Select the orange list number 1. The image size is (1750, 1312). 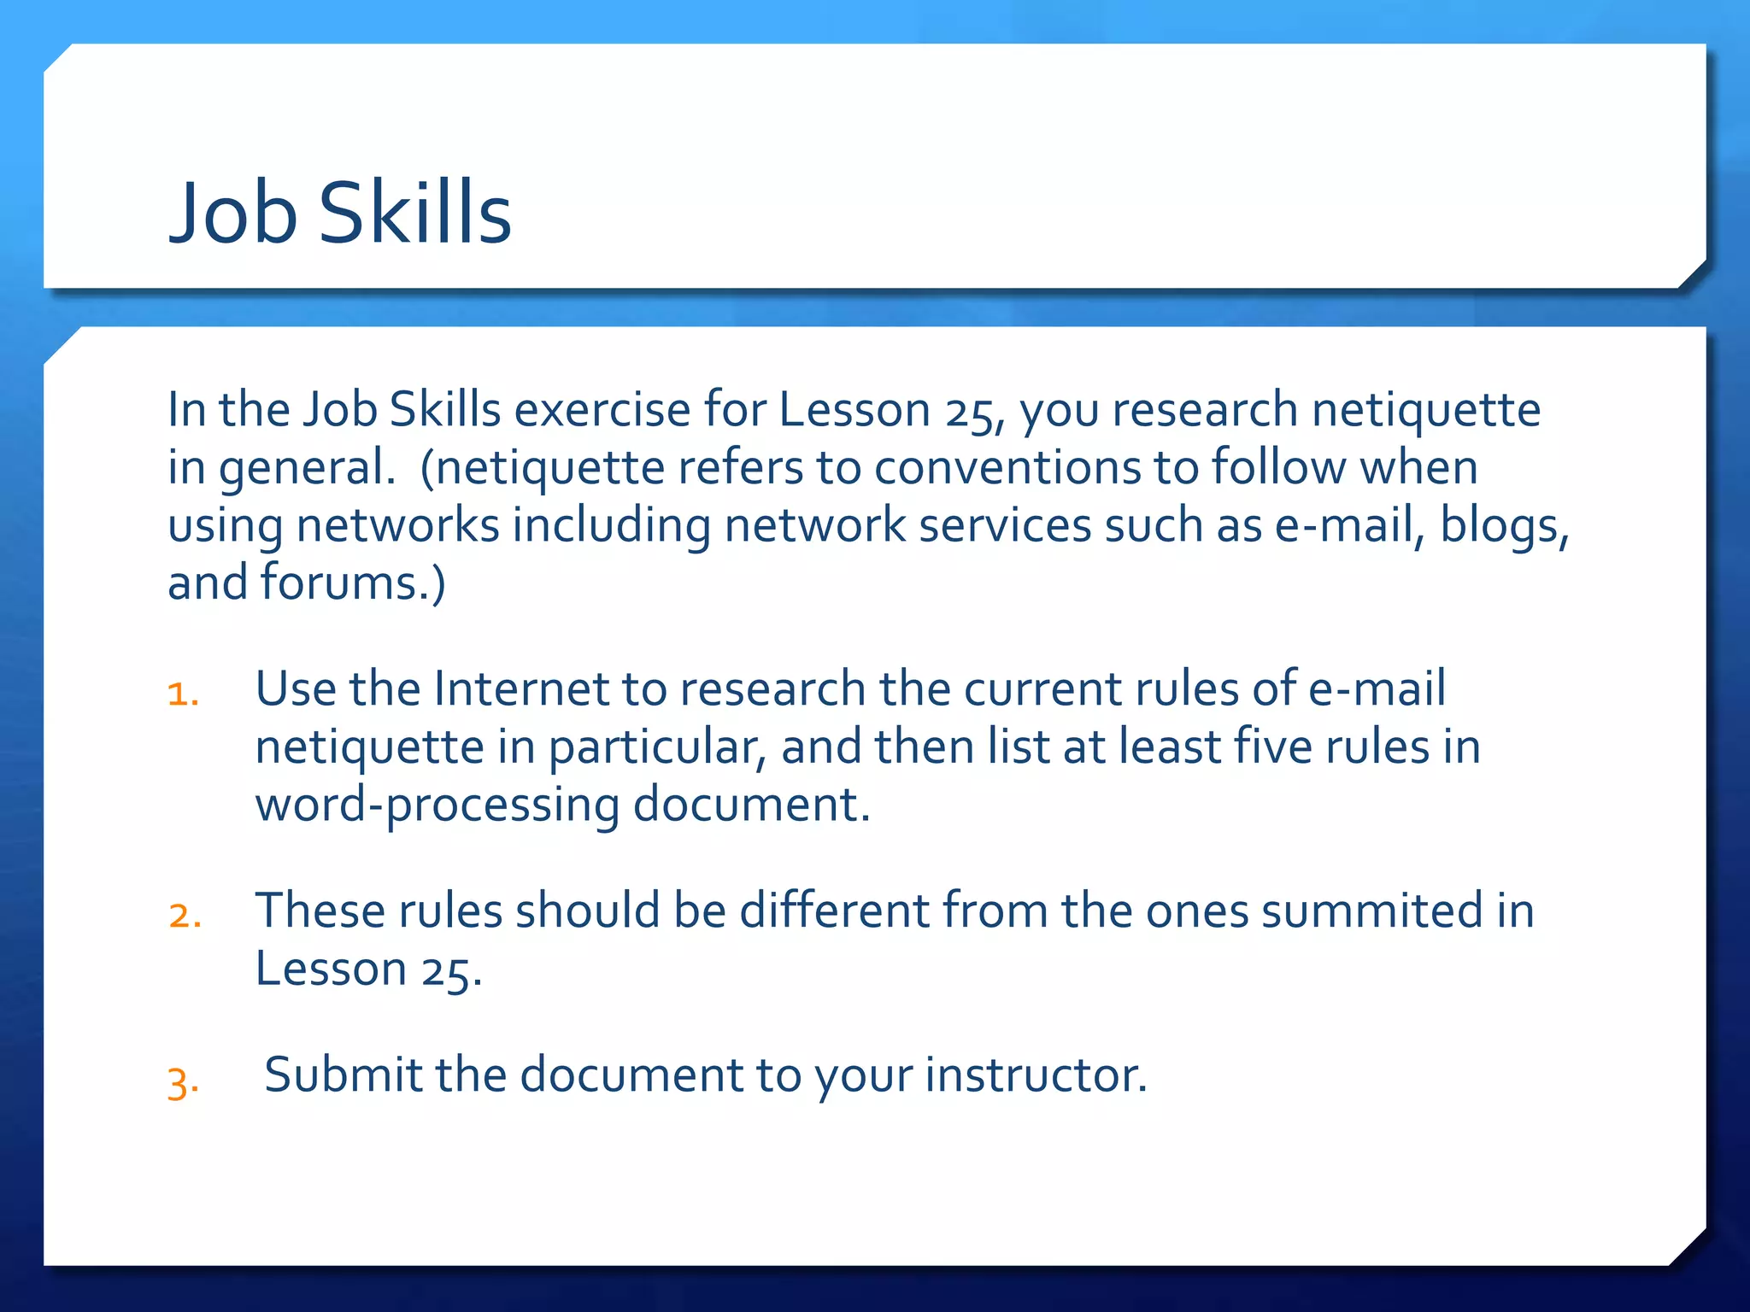(x=183, y=693)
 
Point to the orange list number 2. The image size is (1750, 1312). (x=185, y=915)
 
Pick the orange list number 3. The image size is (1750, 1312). (x=183, y=1082)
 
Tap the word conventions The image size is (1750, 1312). (x=1008, y=467)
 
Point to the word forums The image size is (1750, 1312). (x=345, y=583)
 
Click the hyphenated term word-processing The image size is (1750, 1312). (x=437, y=805)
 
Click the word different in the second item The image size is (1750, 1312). (x=833, y=911)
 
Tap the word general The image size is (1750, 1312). (x=307, y=469)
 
